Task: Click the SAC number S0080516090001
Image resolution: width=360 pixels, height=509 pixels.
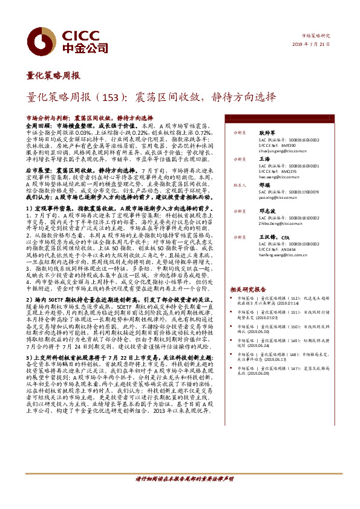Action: pos(291,164)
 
